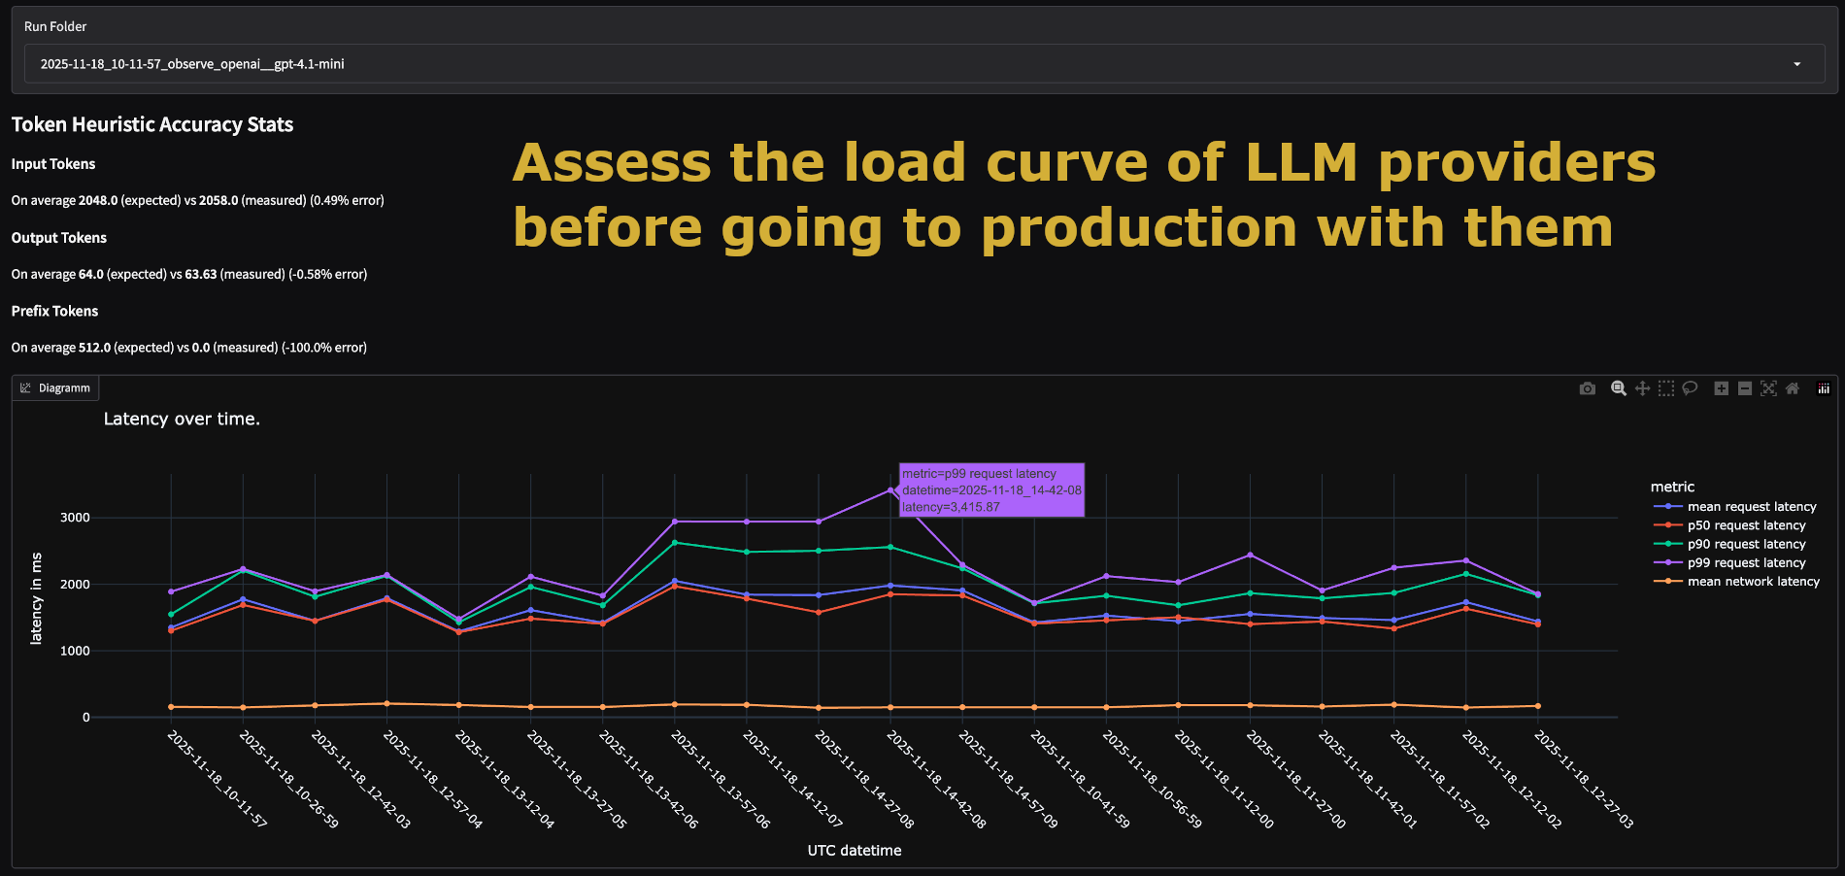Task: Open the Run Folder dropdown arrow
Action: pyautogui.click(x=1796, y=64)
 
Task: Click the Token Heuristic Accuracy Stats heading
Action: pyautogui.click(x=152, y=124)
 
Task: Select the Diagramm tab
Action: pyautogui.click(x=56, y=388)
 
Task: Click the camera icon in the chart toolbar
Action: pyautogui.click(x=1588, y=388)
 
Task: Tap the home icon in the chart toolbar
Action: pyautogui.click(x=1793, y=388)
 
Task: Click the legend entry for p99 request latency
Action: pyautogui.click(x=1746, y=563)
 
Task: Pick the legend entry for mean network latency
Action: pyautogui.click(x=1753, y=582)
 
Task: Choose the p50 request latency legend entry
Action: pyautogui.click(x=1746, y=525)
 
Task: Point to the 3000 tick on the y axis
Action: pyautogui.click(x=75, y=518)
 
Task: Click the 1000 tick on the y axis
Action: pyautogui.click(x=75, y=651)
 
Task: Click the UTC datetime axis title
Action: pyautogui.click(x=855, y=851)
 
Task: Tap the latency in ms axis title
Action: pyautogui.click(x=37, y=598)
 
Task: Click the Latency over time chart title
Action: pyautogui.click(x=182, y=420)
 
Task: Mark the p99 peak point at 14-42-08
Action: pyautogui.click(x=890, y=490)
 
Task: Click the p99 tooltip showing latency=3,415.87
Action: pyautogui.click(x=991, y=490)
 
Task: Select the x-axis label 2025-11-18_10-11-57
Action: pyautogui.click(x=218, y=779)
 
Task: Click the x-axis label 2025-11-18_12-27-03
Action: pyautogui.click(x=1584, y=779)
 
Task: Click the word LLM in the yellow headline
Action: pyautogui.click(x=1301, y=162)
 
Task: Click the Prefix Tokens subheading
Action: pyautogui.click(x=54, y=311)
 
